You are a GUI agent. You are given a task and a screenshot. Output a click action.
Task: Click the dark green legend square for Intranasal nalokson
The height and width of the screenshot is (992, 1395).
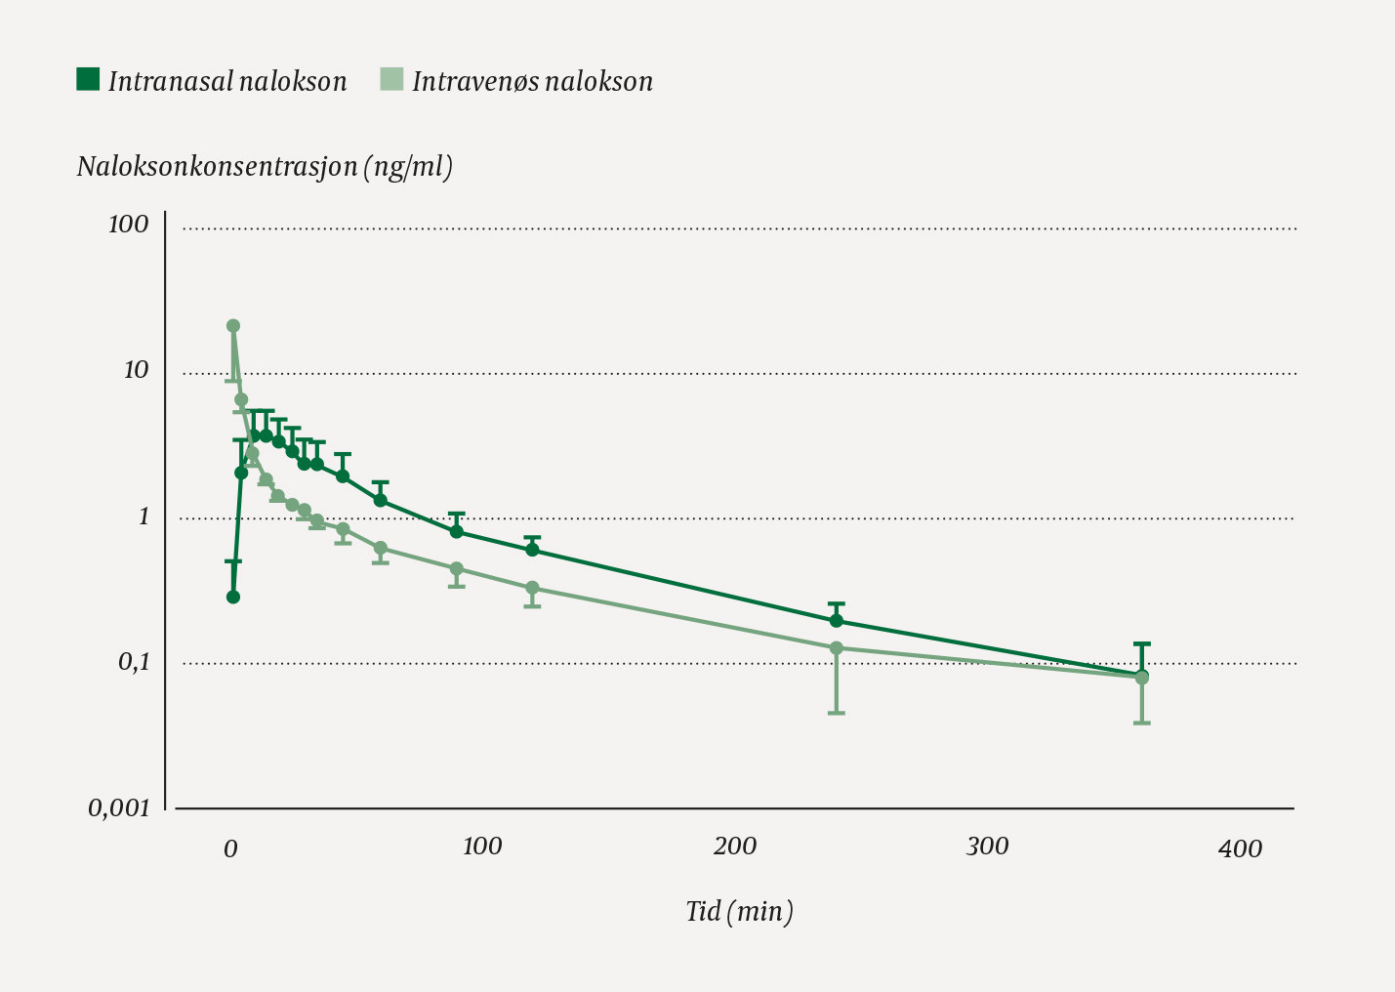point(88,79)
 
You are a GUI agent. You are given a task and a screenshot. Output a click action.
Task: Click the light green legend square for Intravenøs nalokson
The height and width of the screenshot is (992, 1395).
point(391,79)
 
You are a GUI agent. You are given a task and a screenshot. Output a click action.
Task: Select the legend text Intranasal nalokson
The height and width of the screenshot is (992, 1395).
point(227,81)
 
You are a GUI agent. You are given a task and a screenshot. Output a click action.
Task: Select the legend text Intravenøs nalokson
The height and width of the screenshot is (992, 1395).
point(532,81)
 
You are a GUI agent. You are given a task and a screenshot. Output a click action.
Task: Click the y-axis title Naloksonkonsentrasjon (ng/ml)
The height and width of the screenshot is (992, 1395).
point(265,167)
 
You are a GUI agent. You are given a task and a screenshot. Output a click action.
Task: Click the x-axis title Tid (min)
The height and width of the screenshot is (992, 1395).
point(739,911)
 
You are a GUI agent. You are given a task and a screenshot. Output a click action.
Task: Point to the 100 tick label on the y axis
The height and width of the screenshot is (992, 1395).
point(129,225)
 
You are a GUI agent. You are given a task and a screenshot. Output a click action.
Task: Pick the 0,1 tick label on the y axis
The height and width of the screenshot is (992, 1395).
point(134,662)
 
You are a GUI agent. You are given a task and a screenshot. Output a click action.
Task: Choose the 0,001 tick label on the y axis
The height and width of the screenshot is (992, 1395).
point(120,807)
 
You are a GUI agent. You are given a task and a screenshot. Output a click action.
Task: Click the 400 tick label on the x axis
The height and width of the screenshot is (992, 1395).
point(1240,849)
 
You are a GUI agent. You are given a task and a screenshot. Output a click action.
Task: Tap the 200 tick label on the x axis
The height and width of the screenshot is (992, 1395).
point(734,847)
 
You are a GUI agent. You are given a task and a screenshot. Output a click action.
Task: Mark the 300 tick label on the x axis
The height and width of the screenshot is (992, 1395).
point(987,847)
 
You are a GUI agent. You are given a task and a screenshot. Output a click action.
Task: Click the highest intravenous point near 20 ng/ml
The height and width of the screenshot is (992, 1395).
point(233,326)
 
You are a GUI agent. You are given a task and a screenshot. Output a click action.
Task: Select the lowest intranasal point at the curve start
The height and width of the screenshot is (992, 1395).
point(233,597)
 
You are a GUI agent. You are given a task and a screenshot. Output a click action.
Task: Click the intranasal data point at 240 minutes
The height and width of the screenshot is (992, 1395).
point(837,620)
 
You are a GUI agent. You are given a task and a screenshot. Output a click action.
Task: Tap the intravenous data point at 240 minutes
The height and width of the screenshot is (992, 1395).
point(837,647)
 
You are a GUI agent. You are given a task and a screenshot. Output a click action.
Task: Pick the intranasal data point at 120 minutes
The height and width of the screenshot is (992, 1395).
point(532,549)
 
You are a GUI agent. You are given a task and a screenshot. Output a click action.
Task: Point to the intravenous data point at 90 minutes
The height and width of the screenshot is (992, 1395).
point(456,568)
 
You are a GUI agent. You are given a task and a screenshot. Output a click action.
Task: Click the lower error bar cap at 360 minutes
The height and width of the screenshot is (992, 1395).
point(1142,723)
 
